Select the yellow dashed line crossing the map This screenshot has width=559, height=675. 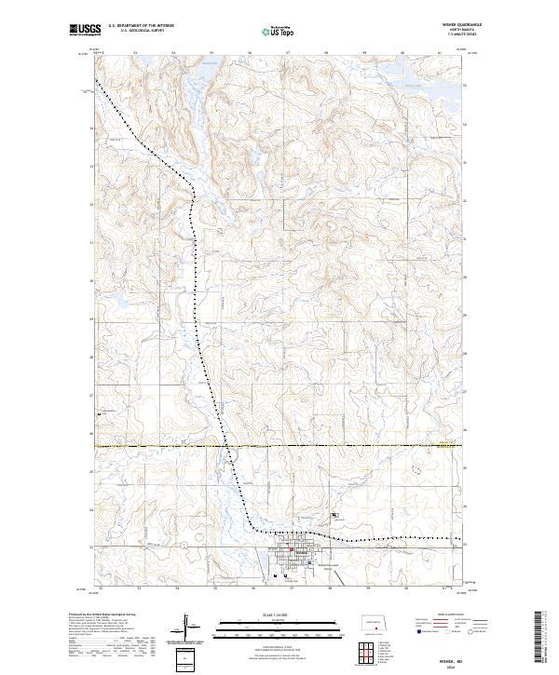[373, 446]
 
